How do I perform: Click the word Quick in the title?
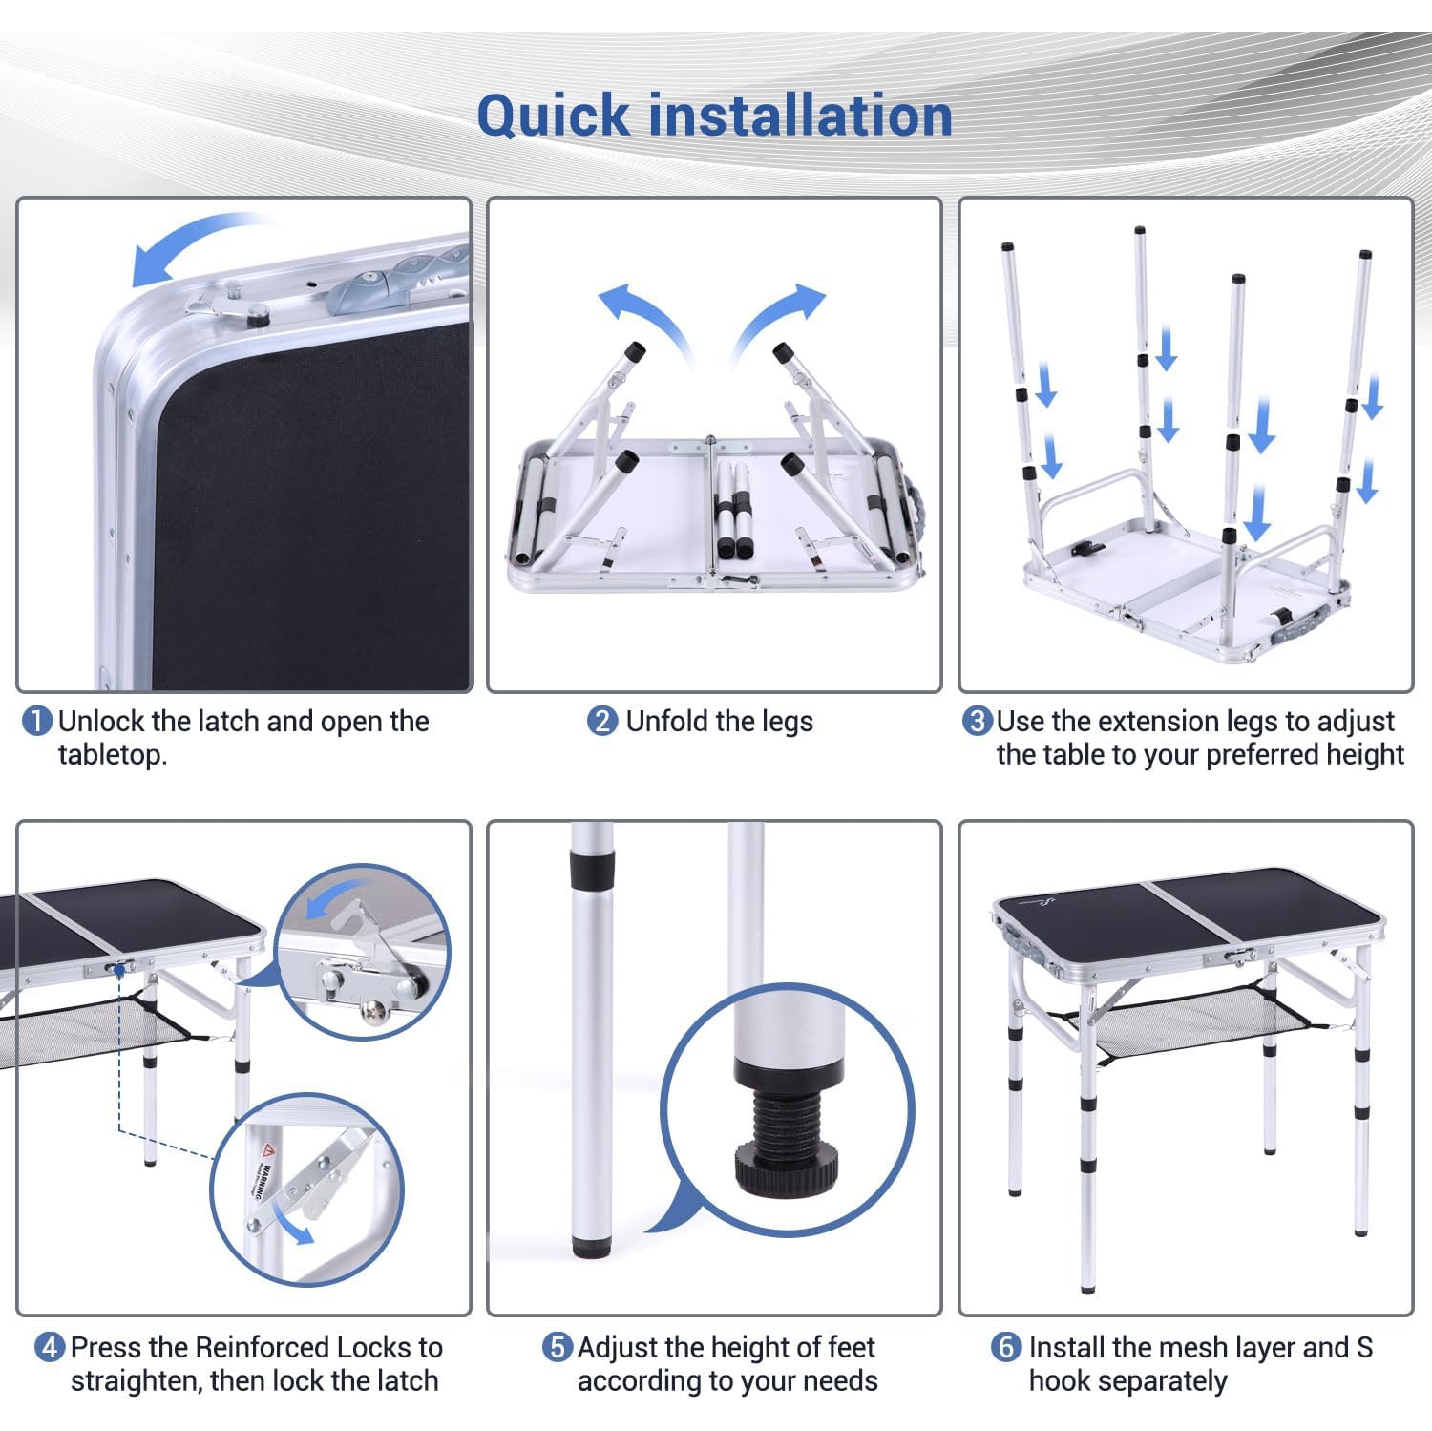[553, 117]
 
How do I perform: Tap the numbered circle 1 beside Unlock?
[36, 721]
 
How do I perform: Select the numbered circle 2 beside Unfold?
[602, 721]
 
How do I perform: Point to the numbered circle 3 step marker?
[977, 721]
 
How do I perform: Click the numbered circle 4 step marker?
[50, 1348]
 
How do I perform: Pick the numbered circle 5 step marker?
[558, 1348]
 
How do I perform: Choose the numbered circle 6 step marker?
[1006, 1348]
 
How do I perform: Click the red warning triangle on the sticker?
[269, 1149]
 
